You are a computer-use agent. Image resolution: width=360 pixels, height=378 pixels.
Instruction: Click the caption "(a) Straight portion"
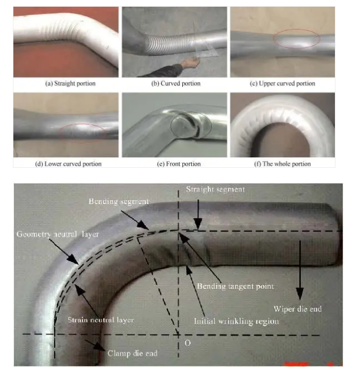(x=70, y=84)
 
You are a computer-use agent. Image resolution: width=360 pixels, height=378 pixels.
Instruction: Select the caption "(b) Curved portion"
(x=176, y=84)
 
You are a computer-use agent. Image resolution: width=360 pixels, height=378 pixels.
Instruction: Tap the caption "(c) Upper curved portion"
(x=283, y=84)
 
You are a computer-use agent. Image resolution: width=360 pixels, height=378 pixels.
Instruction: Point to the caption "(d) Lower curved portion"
(x=69, y=164)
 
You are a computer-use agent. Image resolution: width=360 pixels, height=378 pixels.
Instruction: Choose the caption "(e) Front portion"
(x=179, y=164)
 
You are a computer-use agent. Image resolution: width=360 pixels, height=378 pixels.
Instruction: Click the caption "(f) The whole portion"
(x=283, y=164)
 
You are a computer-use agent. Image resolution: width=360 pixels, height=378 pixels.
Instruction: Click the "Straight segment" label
(x=216, y=190)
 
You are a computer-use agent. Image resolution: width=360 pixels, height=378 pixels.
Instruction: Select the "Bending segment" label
(x=119, y=201)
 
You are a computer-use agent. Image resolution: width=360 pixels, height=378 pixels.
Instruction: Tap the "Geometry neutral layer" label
(x=58, y=234)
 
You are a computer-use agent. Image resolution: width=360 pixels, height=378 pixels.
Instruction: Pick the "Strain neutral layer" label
(x=101, y=320)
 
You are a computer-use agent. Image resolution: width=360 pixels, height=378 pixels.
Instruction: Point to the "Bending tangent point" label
(x=235, y=286)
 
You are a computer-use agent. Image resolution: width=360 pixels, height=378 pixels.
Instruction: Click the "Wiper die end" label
(x=298, y=309)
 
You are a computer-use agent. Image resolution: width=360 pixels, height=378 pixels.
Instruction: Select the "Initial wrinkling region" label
(x=236, y=321)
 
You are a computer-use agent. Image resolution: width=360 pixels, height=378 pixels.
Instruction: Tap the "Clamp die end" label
(x=133, y=353)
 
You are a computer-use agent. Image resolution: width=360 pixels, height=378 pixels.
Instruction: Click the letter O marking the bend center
(x=187, y=343)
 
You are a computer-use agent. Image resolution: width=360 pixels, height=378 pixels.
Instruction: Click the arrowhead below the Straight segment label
(x=198, y=224)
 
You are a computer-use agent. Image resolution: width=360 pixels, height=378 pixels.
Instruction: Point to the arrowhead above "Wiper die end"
(x=300, y=294)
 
